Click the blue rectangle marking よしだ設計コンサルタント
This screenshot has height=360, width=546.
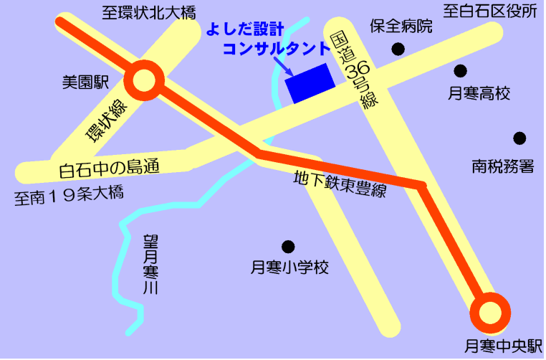[x=310, y=83]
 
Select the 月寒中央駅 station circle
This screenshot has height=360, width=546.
[x=491, y=313]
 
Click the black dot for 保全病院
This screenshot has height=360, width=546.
[x=398, y=49]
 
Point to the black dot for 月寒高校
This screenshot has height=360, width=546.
[x=461, y=70]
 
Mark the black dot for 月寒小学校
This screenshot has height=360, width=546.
[x=288, y=246]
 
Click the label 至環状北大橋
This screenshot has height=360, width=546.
[x=148, y=11]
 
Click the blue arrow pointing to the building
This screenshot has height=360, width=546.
[x=282, y=68]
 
